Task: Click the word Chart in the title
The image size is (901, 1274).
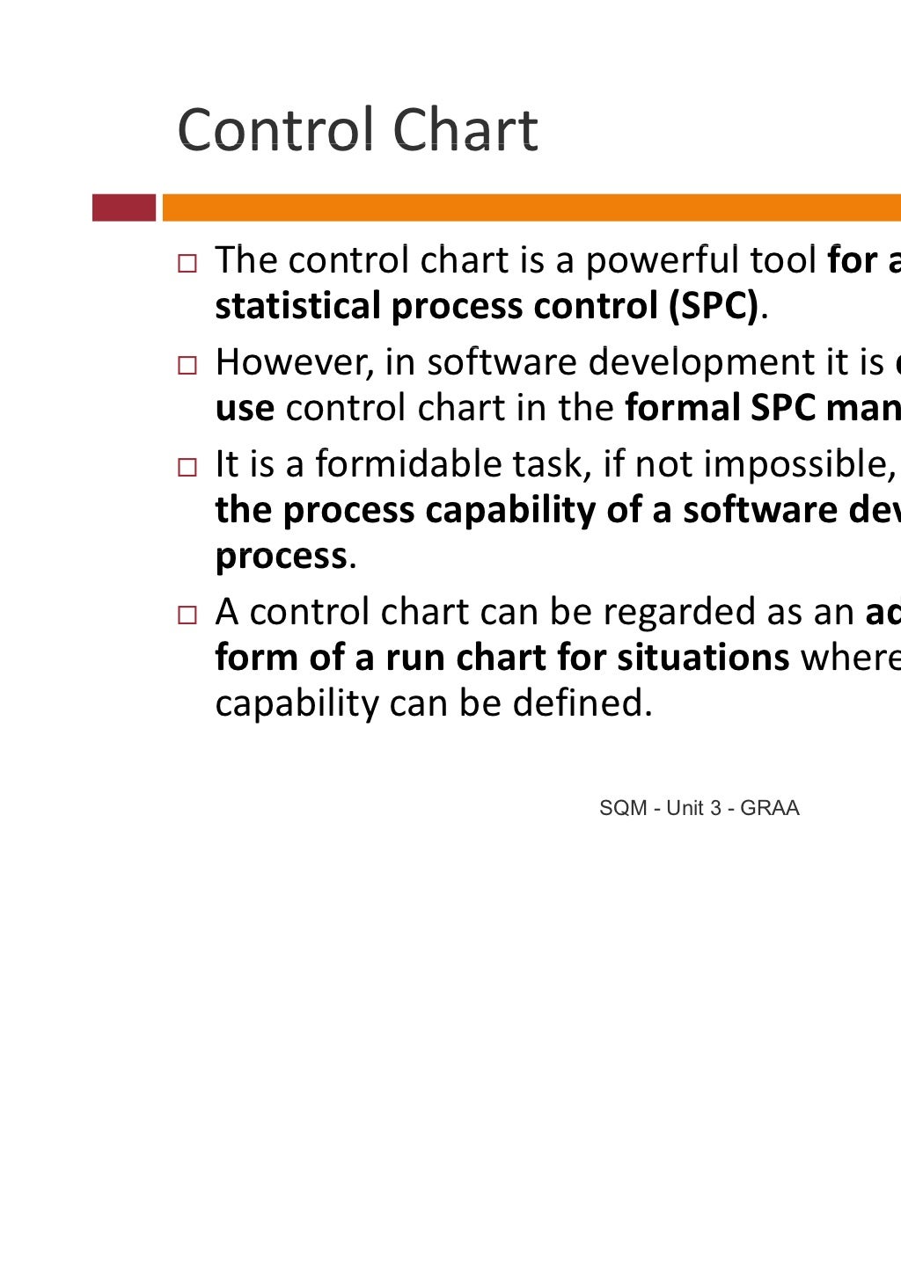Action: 465,130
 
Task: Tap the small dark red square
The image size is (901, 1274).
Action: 124,207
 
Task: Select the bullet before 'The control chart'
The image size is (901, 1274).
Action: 187,263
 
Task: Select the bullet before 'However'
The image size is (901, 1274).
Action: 187,365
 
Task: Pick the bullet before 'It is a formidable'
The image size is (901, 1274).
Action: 187,467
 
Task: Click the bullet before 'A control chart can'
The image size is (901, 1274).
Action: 187,615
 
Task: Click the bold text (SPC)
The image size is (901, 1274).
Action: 713,306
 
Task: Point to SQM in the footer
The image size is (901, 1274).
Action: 623,808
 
